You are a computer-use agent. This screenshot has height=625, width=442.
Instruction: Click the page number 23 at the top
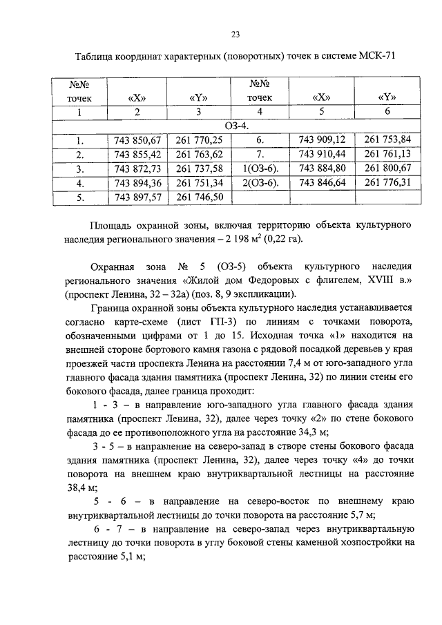pyautogui.click(x=235, y=35)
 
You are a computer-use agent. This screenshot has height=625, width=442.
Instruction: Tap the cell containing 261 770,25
pyautogui.click(x=200, y=140)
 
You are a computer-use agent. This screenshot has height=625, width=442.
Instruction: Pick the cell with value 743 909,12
pyautogui.click(x=322, y=140)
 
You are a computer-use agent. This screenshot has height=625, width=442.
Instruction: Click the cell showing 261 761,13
pyautogui.click(x=387, y=154)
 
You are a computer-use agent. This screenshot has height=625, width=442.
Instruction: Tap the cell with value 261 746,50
pyautogui.click(x=200, y=198)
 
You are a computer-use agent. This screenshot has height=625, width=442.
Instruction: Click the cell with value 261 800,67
pyautogui.click(x=387, y=169)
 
